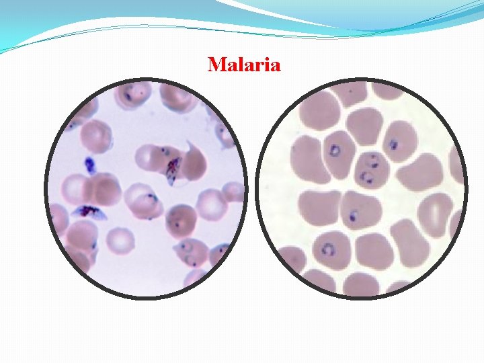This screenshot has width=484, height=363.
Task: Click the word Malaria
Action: pyautogui.click(x=244, y=65)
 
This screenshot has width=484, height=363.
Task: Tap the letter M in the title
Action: pyautogui.click(x=216, y=65)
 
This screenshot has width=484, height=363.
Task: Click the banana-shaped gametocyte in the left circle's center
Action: pyautogui.click(x=173, y=167)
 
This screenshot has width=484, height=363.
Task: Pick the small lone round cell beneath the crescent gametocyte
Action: pyautogui.click(x=121, y=239)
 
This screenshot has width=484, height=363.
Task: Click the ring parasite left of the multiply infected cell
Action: pyautogui.click(x=335, y=151)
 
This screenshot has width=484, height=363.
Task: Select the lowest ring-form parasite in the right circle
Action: pyautogui.click(x=329, y=249)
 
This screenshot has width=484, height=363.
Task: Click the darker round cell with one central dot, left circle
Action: pyautogui.click(x=177, y=220)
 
